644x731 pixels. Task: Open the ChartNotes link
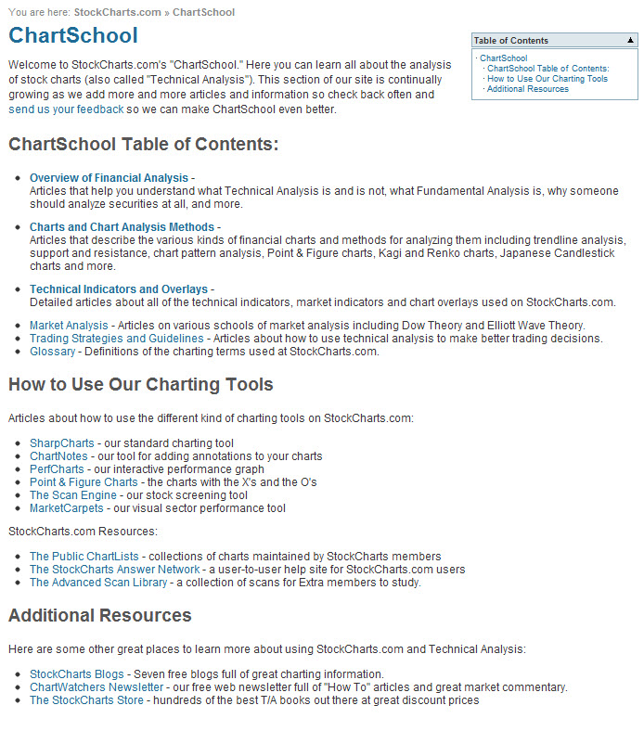point(58,456)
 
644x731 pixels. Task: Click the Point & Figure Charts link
point(84,482)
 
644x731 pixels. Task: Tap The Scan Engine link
point(73,495)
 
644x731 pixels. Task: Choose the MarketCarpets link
point(67,508)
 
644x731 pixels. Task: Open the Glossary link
point(52,352)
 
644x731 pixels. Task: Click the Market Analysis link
point(69,326)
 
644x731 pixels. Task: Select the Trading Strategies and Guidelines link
point(116,339)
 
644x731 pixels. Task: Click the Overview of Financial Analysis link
point(109,177)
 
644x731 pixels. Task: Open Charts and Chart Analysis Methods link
point(122,227)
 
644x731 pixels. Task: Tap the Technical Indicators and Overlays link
point(119,289)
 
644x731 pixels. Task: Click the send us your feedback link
point(66,109)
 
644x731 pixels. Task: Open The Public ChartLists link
point(84,557)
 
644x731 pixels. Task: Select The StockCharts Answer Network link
point(114,570)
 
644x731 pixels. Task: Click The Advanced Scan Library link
point(98,583)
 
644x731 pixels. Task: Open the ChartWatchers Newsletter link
point(97,687)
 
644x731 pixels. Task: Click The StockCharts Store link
point(86,700)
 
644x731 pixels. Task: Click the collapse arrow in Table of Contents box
point(630,41)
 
